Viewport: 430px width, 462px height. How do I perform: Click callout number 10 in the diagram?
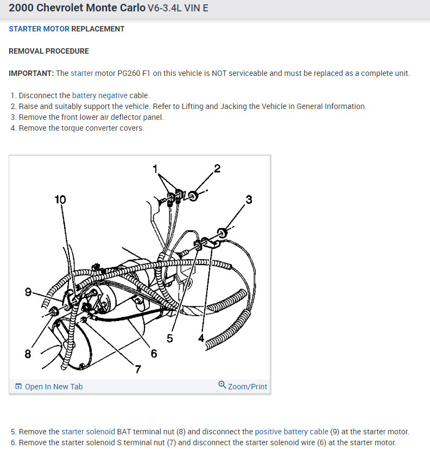(60, 200)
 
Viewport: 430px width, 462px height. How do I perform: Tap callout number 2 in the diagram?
(217, 168)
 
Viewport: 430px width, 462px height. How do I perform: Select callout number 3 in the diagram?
(249, 199)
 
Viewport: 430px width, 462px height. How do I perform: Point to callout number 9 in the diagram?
(28, 292)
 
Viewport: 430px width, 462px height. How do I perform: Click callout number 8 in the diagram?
(28, 354)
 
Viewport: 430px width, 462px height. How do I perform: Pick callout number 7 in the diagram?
(138, 369)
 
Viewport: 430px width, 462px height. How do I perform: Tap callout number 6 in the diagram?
(154, 354)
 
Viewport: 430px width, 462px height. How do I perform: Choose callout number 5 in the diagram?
(170, 338)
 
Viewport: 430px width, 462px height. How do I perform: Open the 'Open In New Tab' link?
(54, 387)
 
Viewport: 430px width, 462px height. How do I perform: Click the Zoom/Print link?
(248, 387)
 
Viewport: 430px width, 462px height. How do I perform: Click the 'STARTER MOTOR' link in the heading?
(39, 29)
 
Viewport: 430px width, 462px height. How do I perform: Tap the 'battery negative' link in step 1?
(100, 95)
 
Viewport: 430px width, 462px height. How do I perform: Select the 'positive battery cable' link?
(292, 432)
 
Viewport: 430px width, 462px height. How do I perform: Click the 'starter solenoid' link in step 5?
(88, 432)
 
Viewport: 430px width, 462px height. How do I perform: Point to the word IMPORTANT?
(31, 73)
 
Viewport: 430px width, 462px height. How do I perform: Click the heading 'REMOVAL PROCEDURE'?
(49, 51)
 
